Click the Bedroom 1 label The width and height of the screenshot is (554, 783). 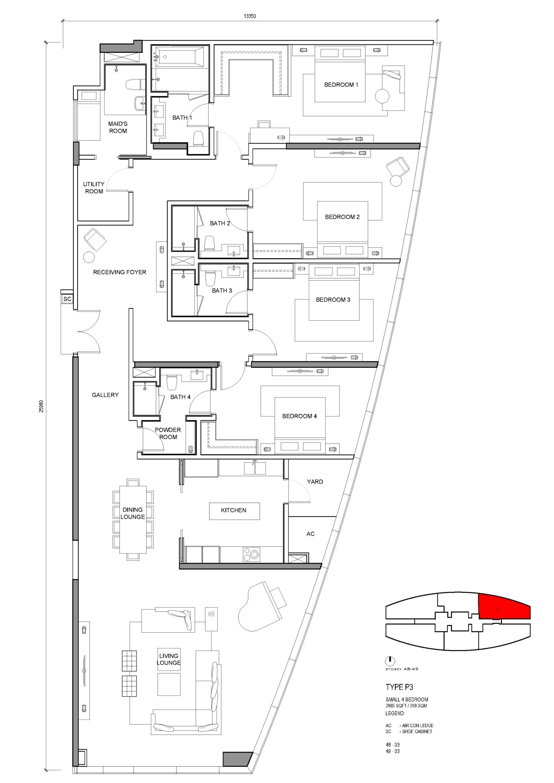point(341,85)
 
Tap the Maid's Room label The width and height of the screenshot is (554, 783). point(118,127)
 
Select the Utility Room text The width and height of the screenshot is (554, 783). point(94,188)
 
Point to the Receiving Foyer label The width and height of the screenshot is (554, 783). point(120,272)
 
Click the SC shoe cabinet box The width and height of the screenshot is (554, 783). point(67,299)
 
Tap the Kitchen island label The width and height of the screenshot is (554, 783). point(234,510)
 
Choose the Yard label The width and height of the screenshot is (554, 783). point(315,482)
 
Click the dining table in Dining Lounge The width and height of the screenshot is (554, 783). point(133,520)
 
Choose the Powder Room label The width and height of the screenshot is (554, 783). point(168,434)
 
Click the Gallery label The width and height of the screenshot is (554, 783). point(105,395)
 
